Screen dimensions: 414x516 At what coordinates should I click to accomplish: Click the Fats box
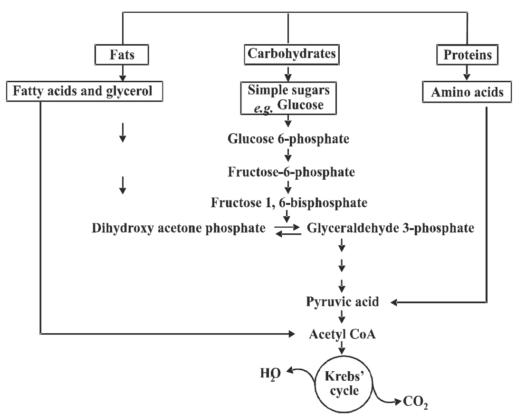coord(123,55)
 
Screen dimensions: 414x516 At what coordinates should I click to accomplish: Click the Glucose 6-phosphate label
coord(288,139)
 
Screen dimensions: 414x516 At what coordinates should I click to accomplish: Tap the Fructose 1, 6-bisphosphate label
coord(289,203)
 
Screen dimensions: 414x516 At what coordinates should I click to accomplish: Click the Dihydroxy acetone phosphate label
coord(179,229)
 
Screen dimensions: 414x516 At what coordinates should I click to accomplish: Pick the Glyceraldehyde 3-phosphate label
coord(390,229)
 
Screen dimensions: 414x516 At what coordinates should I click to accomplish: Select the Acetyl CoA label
coord(343,335)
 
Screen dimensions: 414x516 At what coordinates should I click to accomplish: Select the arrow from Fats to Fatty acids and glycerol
coord(123,73)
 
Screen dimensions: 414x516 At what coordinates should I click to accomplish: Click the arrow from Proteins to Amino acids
coord(467,73)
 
